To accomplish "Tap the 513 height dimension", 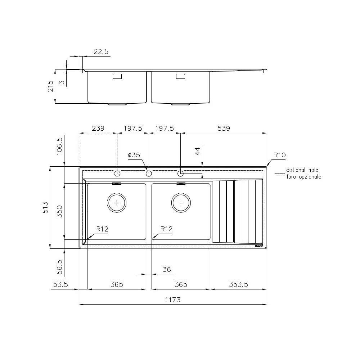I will (45, 207).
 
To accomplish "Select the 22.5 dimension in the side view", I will (101, 52).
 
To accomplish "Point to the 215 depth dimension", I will (50, 86).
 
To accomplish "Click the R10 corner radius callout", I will (279, 155).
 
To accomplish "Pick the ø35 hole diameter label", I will (134, 155).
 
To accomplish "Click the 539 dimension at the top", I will (223, 128).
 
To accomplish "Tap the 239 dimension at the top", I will (98, 128).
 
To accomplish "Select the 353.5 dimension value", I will (239, 284).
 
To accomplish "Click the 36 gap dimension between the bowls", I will (166, 269).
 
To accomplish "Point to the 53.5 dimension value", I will (60, 284).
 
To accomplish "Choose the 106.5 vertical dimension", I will (60, 146).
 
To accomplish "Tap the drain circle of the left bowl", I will (117, 203).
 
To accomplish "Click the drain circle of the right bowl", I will (181, 203).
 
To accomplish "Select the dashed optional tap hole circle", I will (117, 174).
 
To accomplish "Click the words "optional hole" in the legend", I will (302, 170).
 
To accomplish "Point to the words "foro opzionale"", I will (303, 177).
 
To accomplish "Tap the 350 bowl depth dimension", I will (60, 212).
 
